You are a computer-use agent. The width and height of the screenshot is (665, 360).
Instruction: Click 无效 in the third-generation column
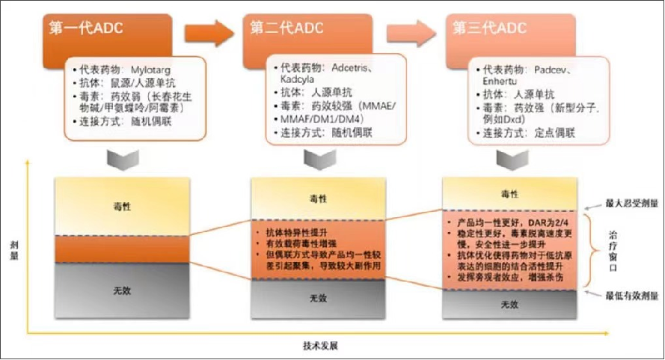coord(509,305)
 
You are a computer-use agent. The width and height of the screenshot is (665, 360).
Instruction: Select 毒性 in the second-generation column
coord(317,198)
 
